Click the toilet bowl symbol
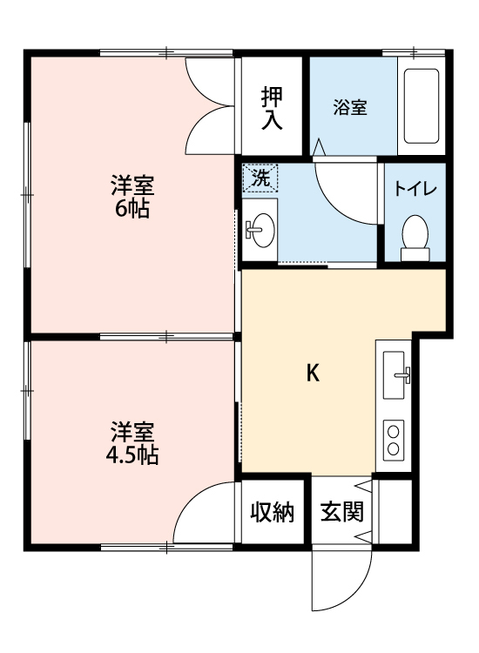pos(415,235)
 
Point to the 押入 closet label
pos(273,108)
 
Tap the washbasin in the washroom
pos(260,230)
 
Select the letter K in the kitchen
pos(314,374)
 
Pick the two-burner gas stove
pos(395,439)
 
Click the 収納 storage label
pos(272,513)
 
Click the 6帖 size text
pos(132,209)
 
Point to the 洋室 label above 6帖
pos(132,185)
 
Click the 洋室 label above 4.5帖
pos(133,431)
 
